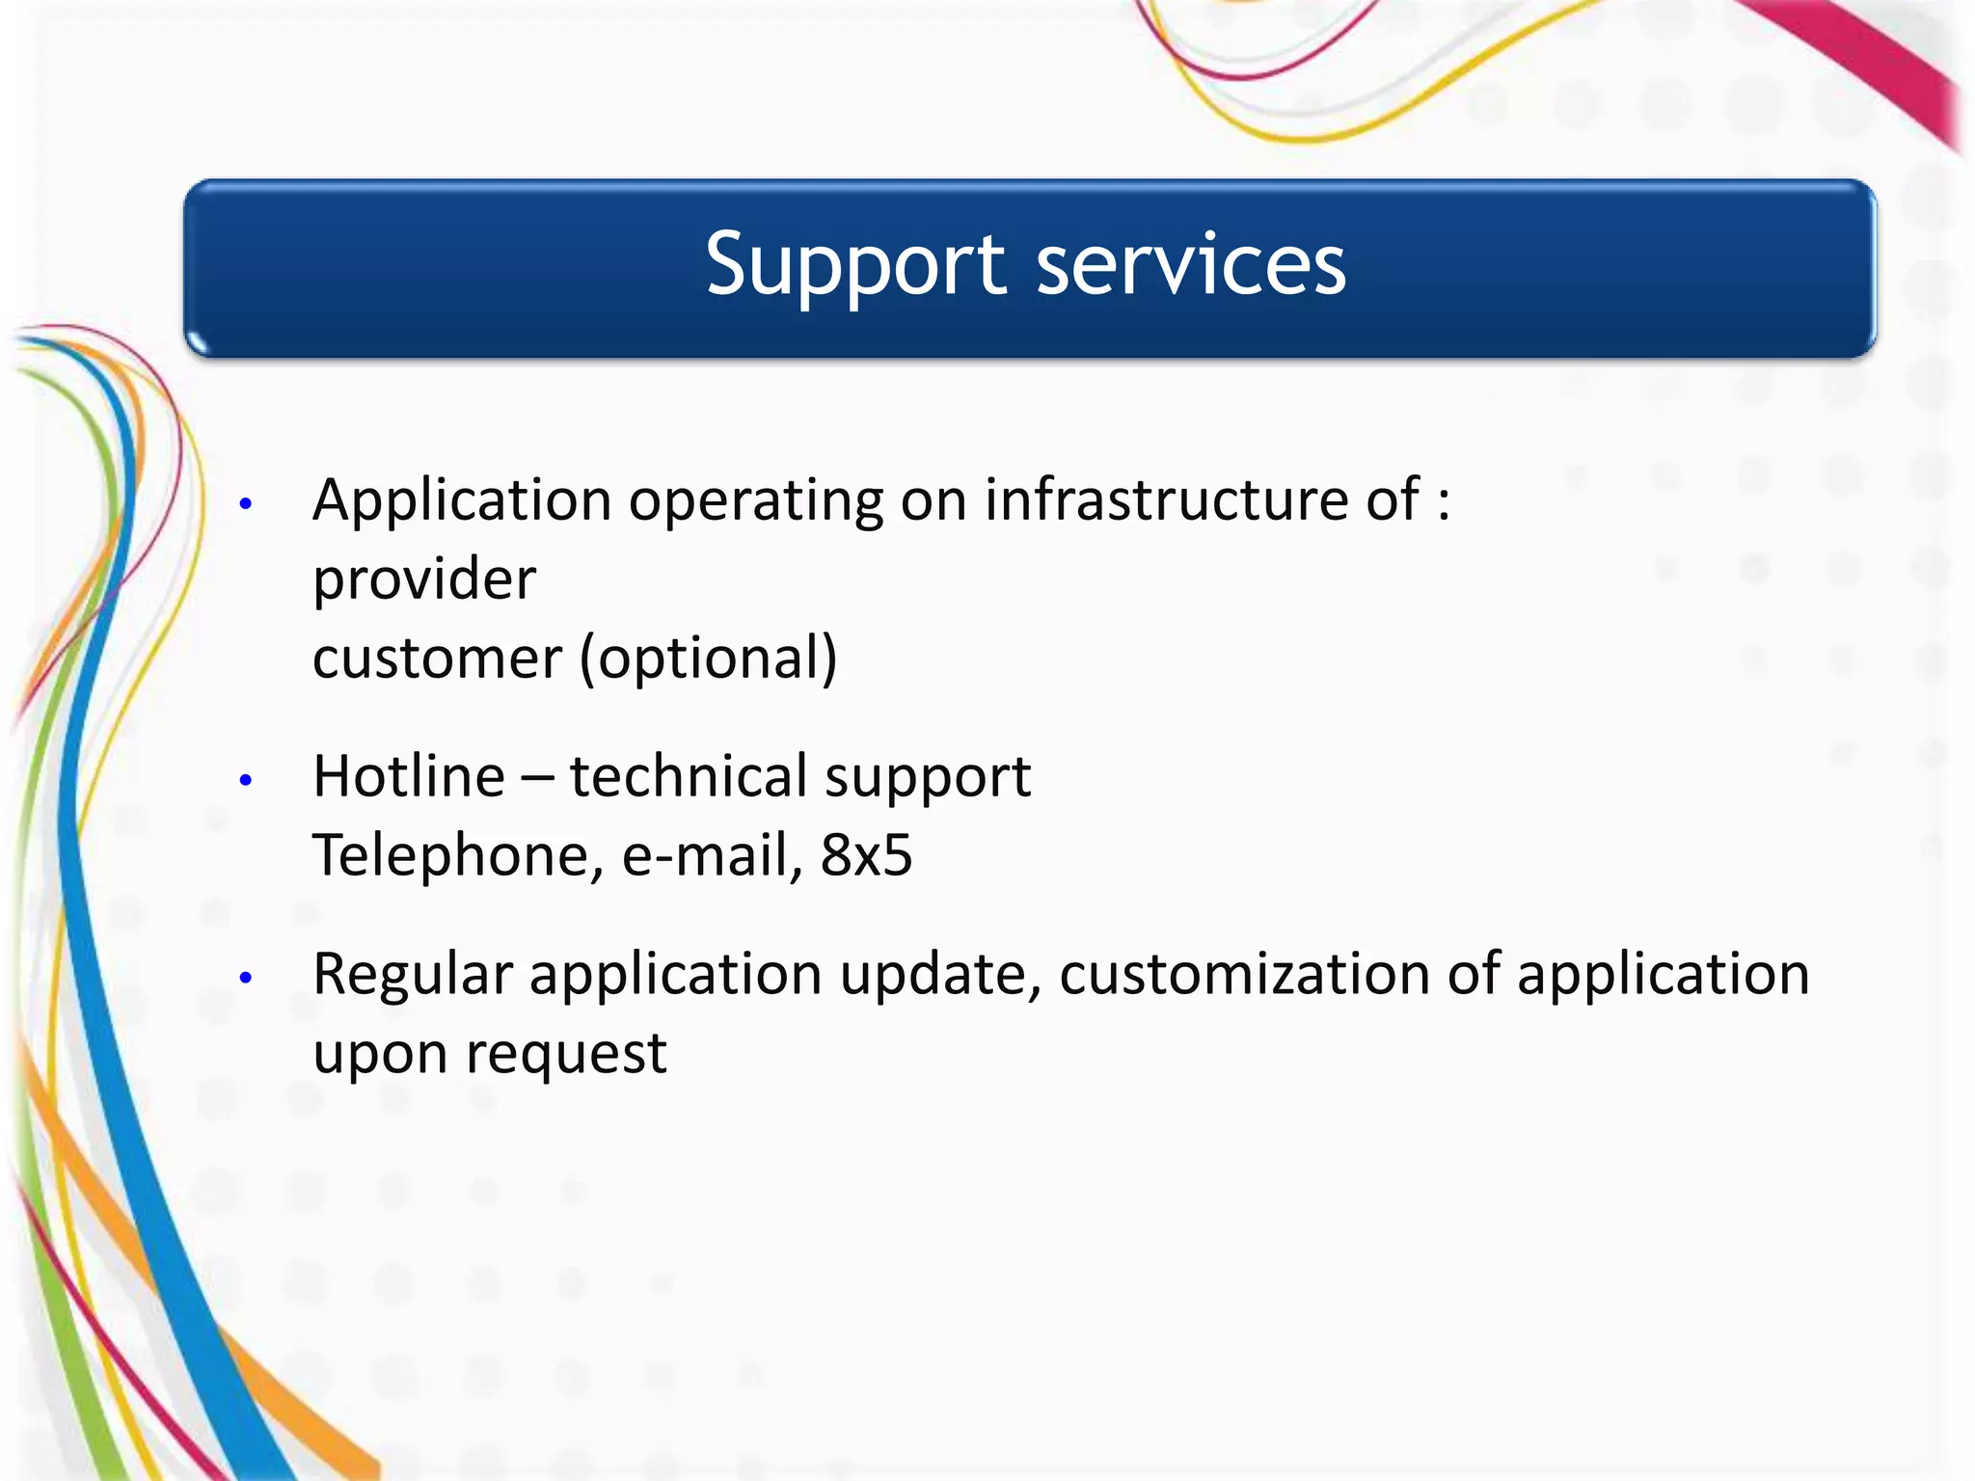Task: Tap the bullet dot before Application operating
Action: pyautogui.click(x=246, y=503)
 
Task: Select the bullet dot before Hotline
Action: pyautogui.click(x=246, y=779)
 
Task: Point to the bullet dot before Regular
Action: pyautogui.click(x=246, y=977)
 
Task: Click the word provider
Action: pyautogui.click(x=424, y=580)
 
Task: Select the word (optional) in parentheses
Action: pyautogui.click(x=709, y=660)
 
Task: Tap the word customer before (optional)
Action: pyautogui.click(x=437, y=660)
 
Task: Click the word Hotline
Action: pyautogui.click(x=409, y=776)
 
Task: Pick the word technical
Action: pyautogui.click(x=689, y=776)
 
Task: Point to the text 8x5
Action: pyautogui.click(x=866, y=855)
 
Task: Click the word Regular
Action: pyautogui.click(x=412, y=975)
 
